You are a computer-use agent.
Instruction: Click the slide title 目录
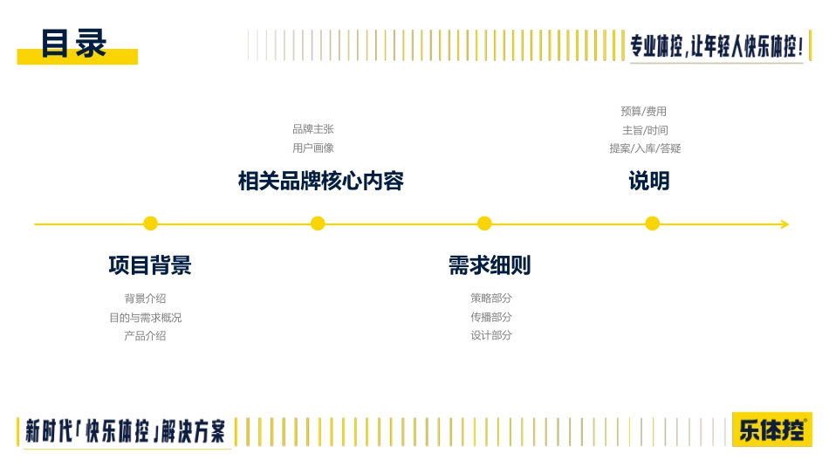74,44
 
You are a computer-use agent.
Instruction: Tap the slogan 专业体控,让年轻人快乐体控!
716,46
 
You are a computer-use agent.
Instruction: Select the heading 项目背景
150,265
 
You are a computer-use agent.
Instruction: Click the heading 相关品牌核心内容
321,181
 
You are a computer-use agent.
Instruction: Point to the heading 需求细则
490,265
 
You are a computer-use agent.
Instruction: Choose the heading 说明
649,181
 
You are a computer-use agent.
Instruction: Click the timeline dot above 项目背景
151,223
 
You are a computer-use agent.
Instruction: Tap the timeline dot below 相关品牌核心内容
318,223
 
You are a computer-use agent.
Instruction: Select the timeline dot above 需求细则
484,223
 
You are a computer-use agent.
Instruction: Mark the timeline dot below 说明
653,223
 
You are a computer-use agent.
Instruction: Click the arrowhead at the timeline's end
785,224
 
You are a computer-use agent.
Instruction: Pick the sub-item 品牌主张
313,129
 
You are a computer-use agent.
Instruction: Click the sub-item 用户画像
313,148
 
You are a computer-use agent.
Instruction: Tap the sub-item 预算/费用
643,111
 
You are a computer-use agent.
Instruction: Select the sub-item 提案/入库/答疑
645,148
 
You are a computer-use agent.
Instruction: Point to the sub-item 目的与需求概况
146,318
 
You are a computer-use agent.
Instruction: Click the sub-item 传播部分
491,317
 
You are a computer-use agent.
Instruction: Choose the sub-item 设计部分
491,335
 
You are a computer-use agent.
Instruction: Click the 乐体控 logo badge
772,429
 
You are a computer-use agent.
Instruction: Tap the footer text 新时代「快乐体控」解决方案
126,431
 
